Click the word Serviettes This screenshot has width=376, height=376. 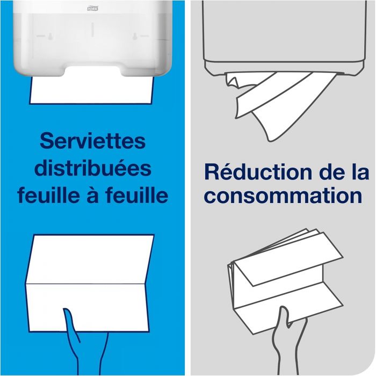[x=92, y=142]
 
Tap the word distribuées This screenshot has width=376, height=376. [x=92, y=169]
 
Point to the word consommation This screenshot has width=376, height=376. [x=283, y=195]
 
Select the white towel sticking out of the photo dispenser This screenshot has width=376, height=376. [x=92, y=89]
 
